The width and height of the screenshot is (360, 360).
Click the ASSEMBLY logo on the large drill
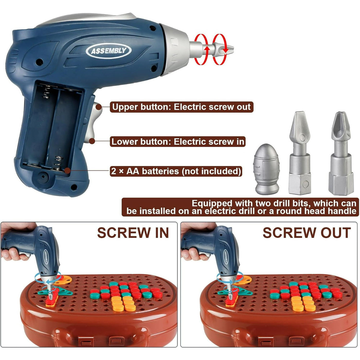click(109, 50)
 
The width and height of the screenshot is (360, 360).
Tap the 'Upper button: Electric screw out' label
click(181, 107)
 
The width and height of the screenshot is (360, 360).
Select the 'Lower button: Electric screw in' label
click(178, 142)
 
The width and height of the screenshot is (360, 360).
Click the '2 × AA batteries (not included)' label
click(176, 171)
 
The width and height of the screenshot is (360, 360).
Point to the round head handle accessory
click(267, 169)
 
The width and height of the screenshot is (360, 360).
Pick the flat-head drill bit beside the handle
click(300, 153)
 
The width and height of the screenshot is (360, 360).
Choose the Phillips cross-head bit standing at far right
click(341, 153)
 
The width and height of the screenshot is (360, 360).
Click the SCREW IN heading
click(133, 233)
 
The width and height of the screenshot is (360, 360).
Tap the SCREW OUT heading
click(307, 233)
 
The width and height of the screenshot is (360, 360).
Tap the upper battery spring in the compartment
click(46, 92)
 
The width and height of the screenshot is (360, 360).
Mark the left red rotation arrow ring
click(201, 50)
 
